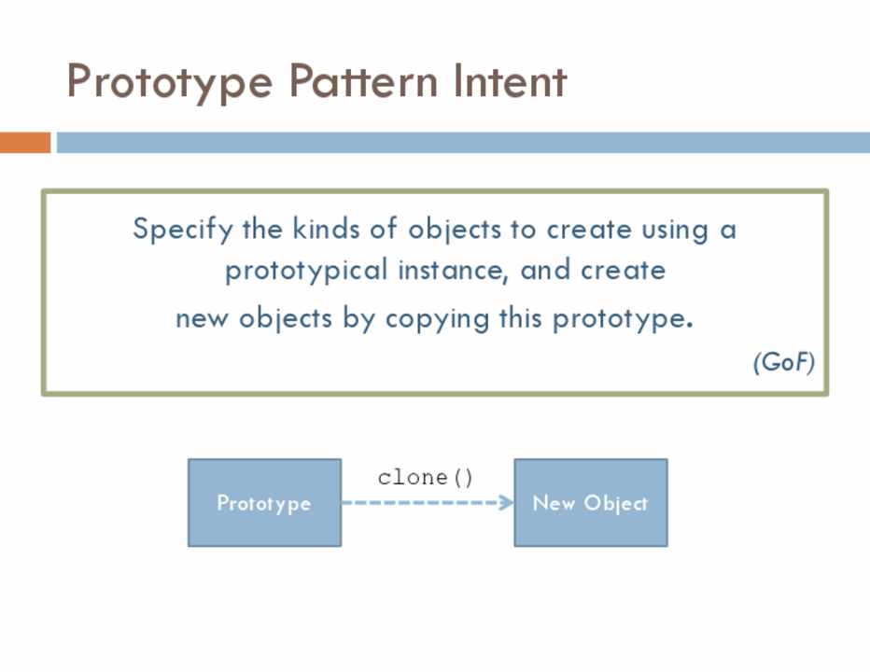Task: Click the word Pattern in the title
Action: (x=363, y=81)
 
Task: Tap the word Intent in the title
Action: (x=510, y=81)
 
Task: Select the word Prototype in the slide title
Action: (x=170, y=83)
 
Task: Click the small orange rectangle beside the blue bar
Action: (x=25, y=142)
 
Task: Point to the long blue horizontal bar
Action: (x=463, y=142)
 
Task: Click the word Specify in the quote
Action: (x=183, y=230)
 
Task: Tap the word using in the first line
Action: (x=675, y=231)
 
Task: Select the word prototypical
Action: (x=306, y=272)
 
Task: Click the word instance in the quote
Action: (x=453, y=271)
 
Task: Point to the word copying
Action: (x=437, y=320)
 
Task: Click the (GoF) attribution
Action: (x=784, y=362)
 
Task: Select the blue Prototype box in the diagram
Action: (x=265, y=503)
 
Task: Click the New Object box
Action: (x=591, y=503)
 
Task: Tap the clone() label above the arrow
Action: (x=425, y=478)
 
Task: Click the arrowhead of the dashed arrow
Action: (x=506, y=503)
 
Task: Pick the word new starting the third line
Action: (x=202, y=319)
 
